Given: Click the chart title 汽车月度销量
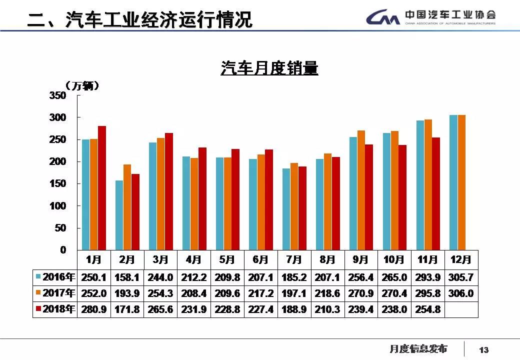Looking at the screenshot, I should click(269, 68).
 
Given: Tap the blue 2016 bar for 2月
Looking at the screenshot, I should click(119, 215).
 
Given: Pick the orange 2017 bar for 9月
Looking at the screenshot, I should click(361, 190).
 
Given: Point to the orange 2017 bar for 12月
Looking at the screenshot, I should click(461, 182).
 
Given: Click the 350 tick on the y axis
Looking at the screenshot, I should click(58, 95).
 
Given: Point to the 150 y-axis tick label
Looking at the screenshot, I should click(58, 183).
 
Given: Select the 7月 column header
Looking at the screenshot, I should click(294, 260).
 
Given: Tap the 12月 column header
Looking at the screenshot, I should click(461, 260).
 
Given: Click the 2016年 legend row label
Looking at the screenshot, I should click(55, 277).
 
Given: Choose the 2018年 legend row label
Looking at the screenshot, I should click(55, 309).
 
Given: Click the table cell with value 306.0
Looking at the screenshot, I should click(461, 293).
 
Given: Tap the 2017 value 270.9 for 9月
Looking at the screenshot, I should click(360, 293).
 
